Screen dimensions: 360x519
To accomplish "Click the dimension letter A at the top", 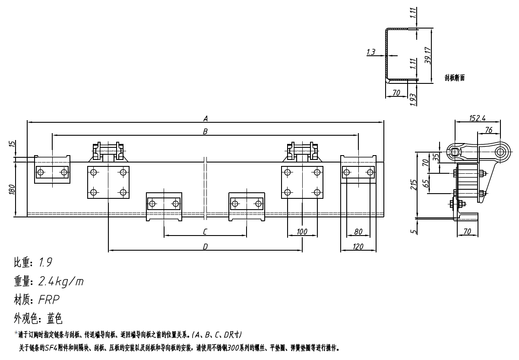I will point(206,118).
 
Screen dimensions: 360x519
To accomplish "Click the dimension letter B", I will point(206,131).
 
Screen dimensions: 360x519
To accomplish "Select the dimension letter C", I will point(205,232).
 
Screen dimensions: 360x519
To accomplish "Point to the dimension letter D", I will point(206,246).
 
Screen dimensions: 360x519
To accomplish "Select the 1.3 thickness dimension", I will point(370,52).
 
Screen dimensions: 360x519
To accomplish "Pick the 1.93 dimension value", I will point(414,99).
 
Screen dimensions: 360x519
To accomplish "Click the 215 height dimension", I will point(414,185).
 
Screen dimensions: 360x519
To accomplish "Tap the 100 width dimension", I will point(302,232).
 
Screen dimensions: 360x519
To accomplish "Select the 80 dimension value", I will point(358,232).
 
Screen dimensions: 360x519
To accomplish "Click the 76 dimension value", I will point(489,130).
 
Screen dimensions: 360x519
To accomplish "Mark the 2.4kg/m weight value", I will point(61,282).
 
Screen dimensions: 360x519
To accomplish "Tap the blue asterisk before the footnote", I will point(16,334).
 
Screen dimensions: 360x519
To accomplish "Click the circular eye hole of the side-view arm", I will point(501,151).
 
